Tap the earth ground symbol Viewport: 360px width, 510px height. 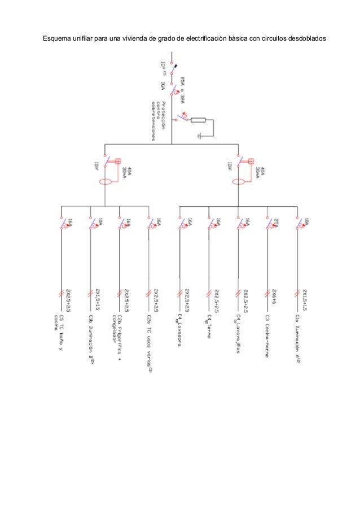199,136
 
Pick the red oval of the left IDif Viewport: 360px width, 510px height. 105,182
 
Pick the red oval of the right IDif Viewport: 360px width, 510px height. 238,182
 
